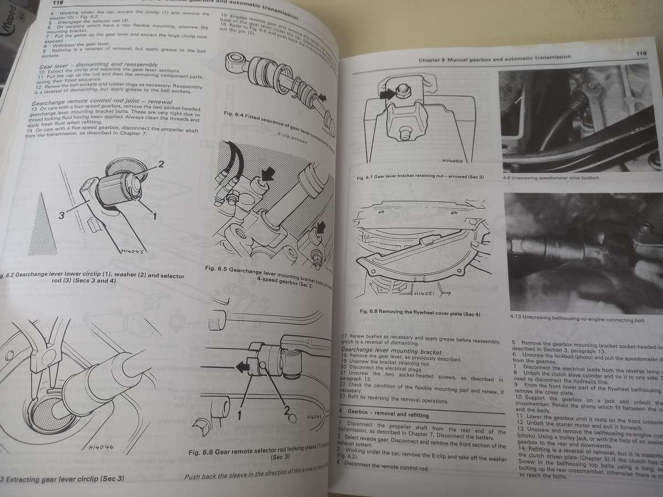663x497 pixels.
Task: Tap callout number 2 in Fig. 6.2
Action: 161,165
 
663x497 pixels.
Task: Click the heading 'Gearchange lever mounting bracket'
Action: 391,351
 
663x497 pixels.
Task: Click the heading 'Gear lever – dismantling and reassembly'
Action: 91,65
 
